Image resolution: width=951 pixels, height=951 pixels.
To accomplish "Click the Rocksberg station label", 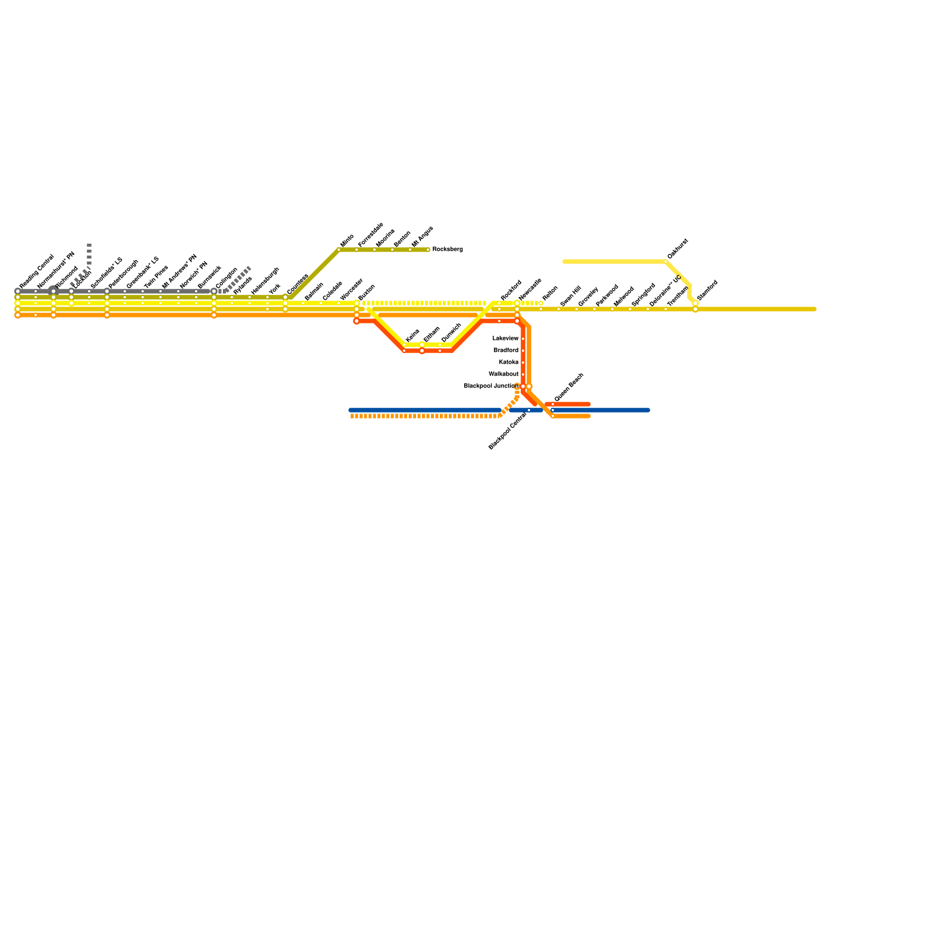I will pyautogui.click(x=447, y=250).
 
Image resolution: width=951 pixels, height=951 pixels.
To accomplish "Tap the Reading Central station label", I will pyautogui.click(x=36, y=272).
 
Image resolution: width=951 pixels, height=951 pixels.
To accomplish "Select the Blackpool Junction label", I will pyautogui.click(x=491, y=386).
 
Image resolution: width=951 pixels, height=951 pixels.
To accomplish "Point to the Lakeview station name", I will pyautogui.click(x=505, y=339).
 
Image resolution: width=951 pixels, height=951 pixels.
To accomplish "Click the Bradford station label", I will pyautogui.click(x=506, y=351).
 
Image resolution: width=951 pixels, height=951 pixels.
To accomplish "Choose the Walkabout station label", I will pyautogui.click(x=503, y=374).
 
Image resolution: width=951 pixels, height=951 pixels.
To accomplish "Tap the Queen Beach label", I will pyautogui.click(x=569, y=387).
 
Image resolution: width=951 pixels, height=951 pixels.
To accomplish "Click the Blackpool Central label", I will pyautogui.click(x=508, y=431).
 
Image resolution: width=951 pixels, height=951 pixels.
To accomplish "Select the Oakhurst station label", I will pyautogui.click(x=678, y=248).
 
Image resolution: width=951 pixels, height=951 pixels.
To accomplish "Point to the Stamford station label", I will pyautogui.click(x=707, y=289).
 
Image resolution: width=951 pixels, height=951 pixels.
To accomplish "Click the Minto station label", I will pyautogui.click(x=347, y=241).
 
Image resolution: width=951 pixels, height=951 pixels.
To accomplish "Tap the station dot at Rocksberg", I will pyautogui.click(x=428, y=250).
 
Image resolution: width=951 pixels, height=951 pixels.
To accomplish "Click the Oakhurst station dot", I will pyautogui.click(x=666, y=262).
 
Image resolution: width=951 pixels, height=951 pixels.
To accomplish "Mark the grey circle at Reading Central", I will pyautogui.click(x=18, y=291).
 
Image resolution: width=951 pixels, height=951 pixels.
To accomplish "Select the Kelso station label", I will pyautogui.click(x=412, y=336).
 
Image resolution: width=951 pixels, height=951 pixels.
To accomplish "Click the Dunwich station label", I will pyautogui.click(x=451, y=333).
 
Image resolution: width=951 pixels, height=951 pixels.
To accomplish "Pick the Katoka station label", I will pyautogui.click(x=508, y=363).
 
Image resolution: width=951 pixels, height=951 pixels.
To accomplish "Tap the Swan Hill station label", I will pyautogui.click(x=570, y=296).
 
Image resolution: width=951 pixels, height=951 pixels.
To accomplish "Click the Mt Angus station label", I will pyautogui.click(x=422, y=237).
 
